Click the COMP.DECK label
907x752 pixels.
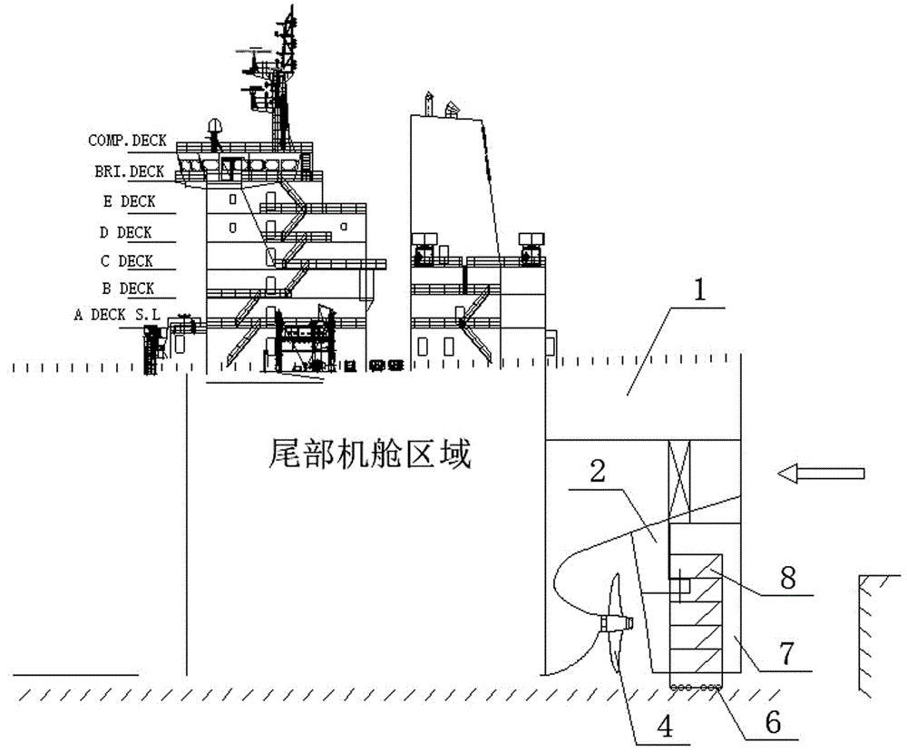pyautogui.click(x=127, y=141)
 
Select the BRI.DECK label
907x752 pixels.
pyautogui.click(x=130, y=171)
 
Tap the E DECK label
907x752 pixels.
pyautogui.click(x=130, y=202)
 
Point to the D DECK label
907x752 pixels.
pyautogui.click(x=125, y=232)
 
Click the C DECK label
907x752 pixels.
pyautogui.click(x=127, y=261)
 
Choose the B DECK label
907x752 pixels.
pyautogui.click(x=128, y=288)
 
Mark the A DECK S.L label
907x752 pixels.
pyautogui.click(x=117, y=315)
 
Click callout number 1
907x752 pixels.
pyautogui.click(x=700, y=289)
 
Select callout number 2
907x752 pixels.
pyautogui.click(x=598, y=472)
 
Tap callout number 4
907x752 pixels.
pyautogui.click(x=667, y=727)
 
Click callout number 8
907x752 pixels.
pyautogui.click(x=788, y=577)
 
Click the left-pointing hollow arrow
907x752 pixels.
pyautogui.click(x=821, y=474)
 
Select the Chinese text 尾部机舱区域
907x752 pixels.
pyautogui.click(x=370, y=454)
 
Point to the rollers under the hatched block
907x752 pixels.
pyautogui.click(x=696, y=688)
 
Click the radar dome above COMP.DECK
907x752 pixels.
pyautogui.click(x=215, y=127)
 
